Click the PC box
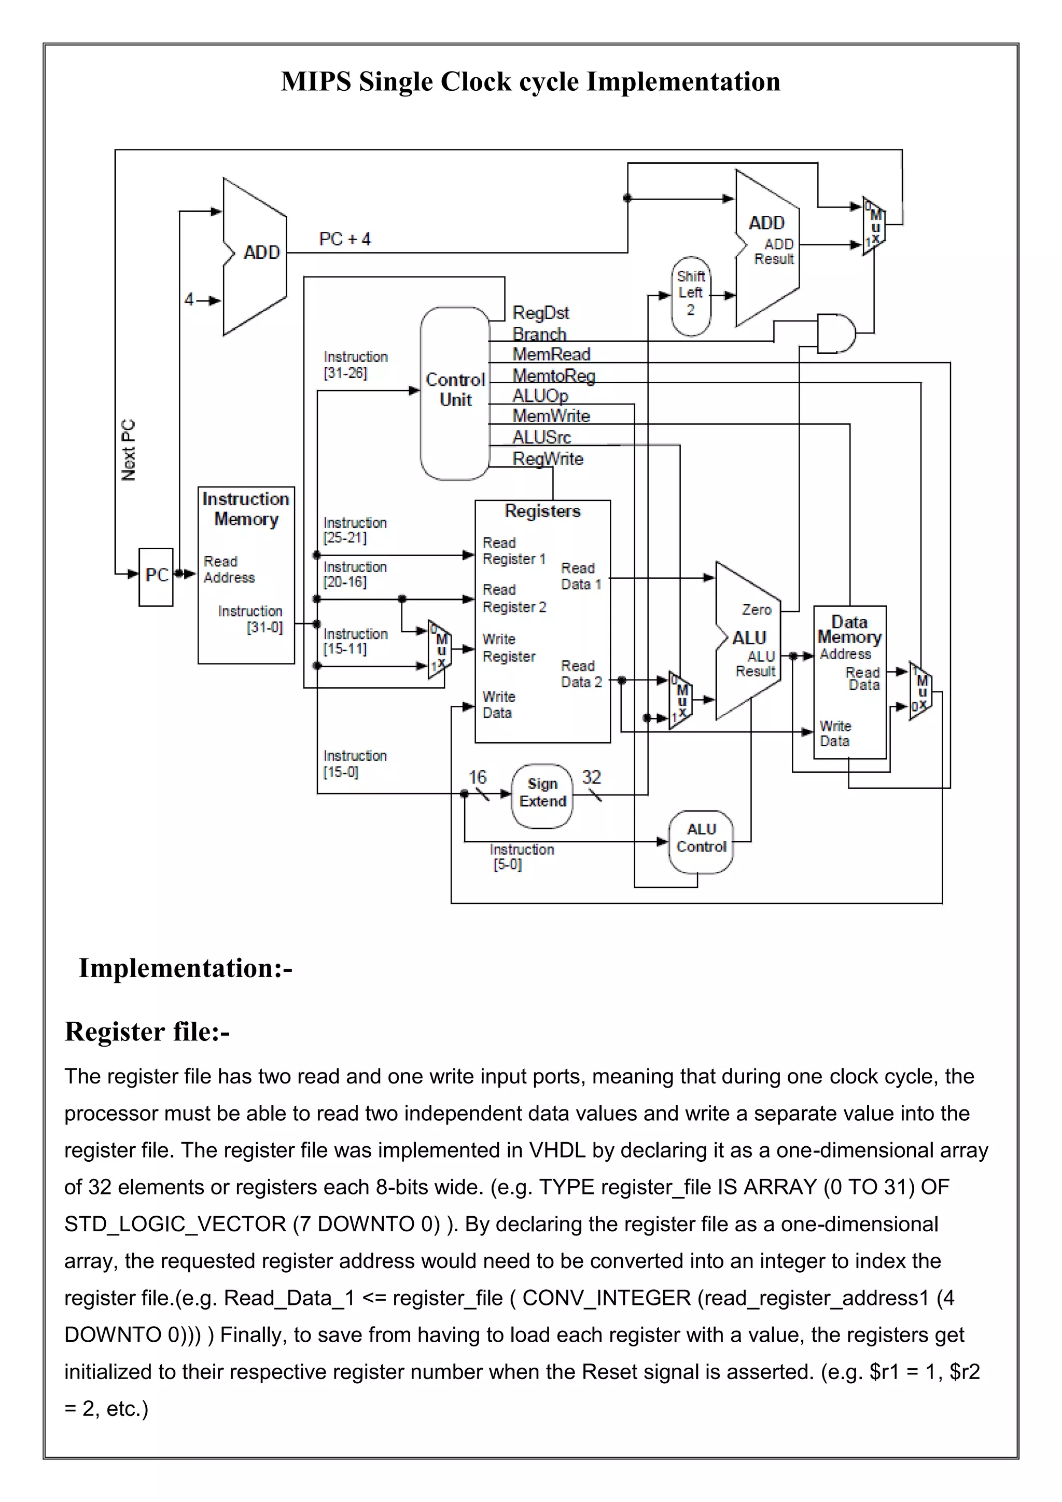[156, 576]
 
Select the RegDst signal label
[540, 313]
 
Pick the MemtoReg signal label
[553, 375]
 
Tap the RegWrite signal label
[548, 458]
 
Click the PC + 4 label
[345, 240]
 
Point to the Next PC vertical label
[129, 450]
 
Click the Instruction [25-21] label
[355, 530]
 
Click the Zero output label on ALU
[756, 610]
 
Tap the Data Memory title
[849, 629]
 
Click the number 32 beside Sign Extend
[591, 777]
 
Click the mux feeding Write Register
[439, 649]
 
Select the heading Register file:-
[147, 1032]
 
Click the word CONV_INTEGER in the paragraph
[606, 1298]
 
